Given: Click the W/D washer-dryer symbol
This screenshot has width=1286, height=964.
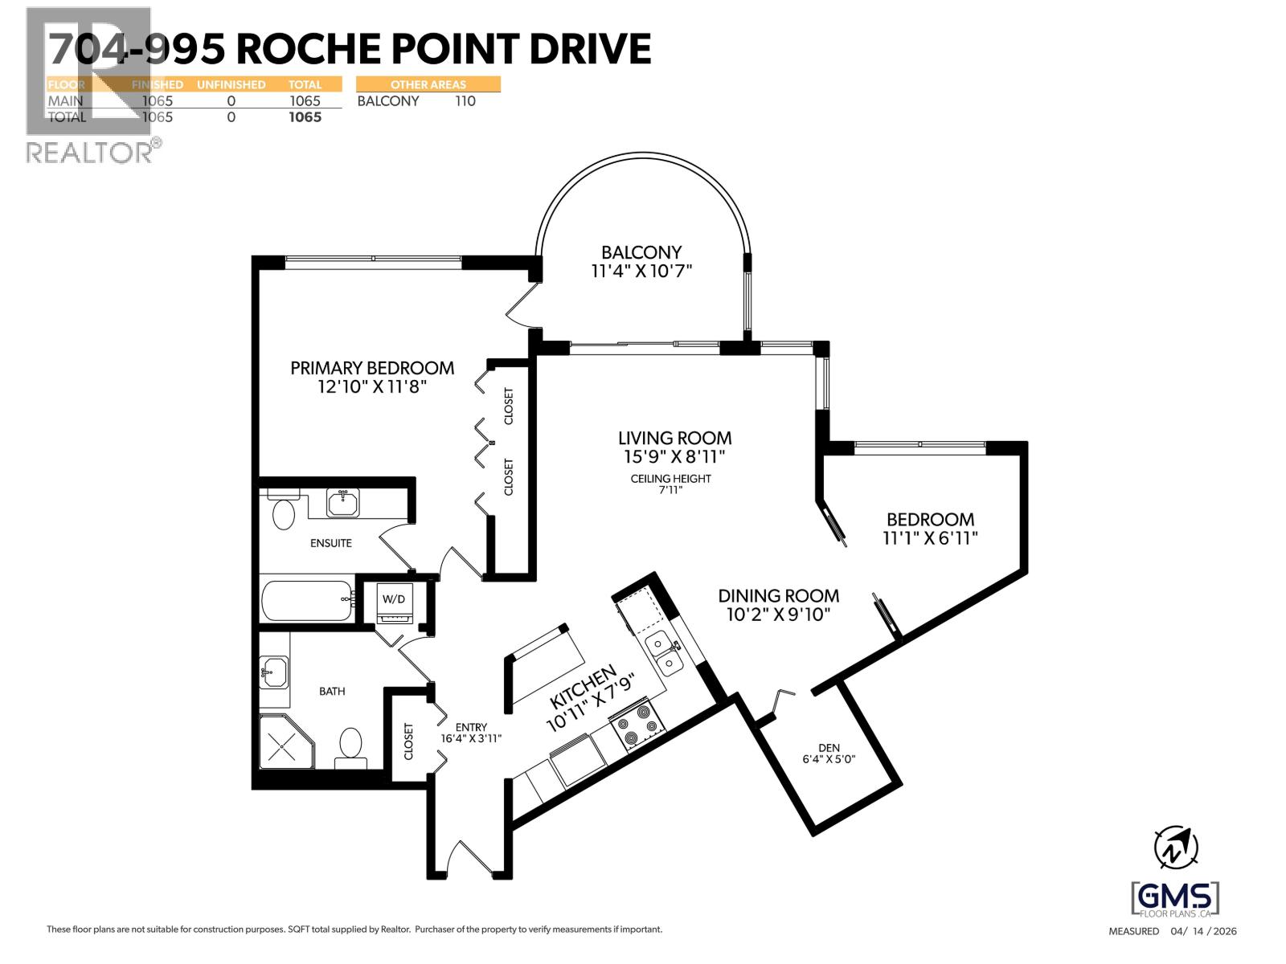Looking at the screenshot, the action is (x=395, y=602).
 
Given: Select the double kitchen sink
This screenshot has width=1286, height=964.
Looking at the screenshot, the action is (x=665, y=655).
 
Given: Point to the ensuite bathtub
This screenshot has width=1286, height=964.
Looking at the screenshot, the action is (x=308, y=600).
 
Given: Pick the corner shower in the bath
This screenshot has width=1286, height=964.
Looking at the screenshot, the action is (x=287, y=741).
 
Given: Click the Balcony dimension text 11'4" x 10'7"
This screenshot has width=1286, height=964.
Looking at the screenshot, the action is (x=641, y=271).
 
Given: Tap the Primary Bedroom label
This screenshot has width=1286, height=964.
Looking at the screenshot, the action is (x=373, y=368).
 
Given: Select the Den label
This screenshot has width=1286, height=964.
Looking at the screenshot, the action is (x=829, y=748).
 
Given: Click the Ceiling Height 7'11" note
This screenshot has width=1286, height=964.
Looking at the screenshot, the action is (x=671, y=484).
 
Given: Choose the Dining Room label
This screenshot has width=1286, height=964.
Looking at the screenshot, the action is (x=779, y=596).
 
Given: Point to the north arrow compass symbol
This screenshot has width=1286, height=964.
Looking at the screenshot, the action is (x=1176, y=848).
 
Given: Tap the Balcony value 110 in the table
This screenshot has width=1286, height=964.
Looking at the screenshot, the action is (x=465, y=101).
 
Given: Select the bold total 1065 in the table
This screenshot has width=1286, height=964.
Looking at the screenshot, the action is (x=305, y=117).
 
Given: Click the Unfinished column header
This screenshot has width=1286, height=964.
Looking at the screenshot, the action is (x=231, y=85).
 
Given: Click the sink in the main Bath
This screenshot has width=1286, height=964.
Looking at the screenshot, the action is (x=273, y=672).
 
